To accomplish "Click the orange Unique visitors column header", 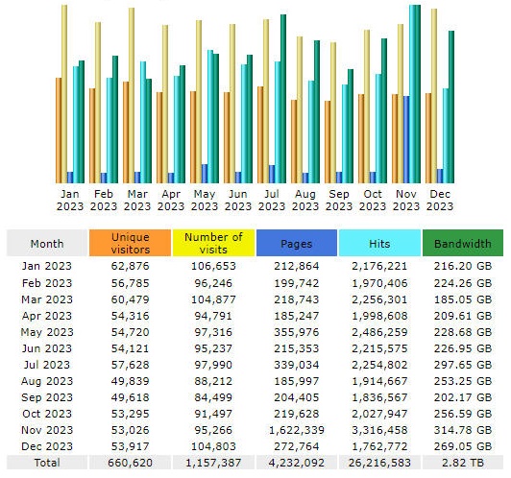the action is [130, 243].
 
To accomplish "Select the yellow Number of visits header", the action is [213, 243].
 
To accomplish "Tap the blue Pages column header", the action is [297, 243].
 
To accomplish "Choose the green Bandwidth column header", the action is [463, 243].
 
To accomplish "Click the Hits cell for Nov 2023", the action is [379, 430].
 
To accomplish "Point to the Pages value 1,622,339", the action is [297, 430].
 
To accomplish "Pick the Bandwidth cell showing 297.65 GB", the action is [463, 365].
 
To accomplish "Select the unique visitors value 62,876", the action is [130, 266].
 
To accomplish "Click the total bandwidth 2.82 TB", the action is [463, 463].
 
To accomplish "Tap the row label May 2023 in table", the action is [47, 332].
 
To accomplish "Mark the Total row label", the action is [47, 463].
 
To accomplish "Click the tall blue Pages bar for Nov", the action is [406, 139].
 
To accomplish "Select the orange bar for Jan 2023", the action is [59, 131].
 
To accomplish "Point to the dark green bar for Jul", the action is [283, 99].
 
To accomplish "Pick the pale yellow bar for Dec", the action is [434, 96].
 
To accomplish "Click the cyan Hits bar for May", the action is [210, 116].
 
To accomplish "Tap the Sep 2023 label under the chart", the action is [339, 201].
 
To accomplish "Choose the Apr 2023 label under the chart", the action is [171, 201].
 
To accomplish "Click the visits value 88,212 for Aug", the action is [213, 381].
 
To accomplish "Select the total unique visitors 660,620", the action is [130, 463].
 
